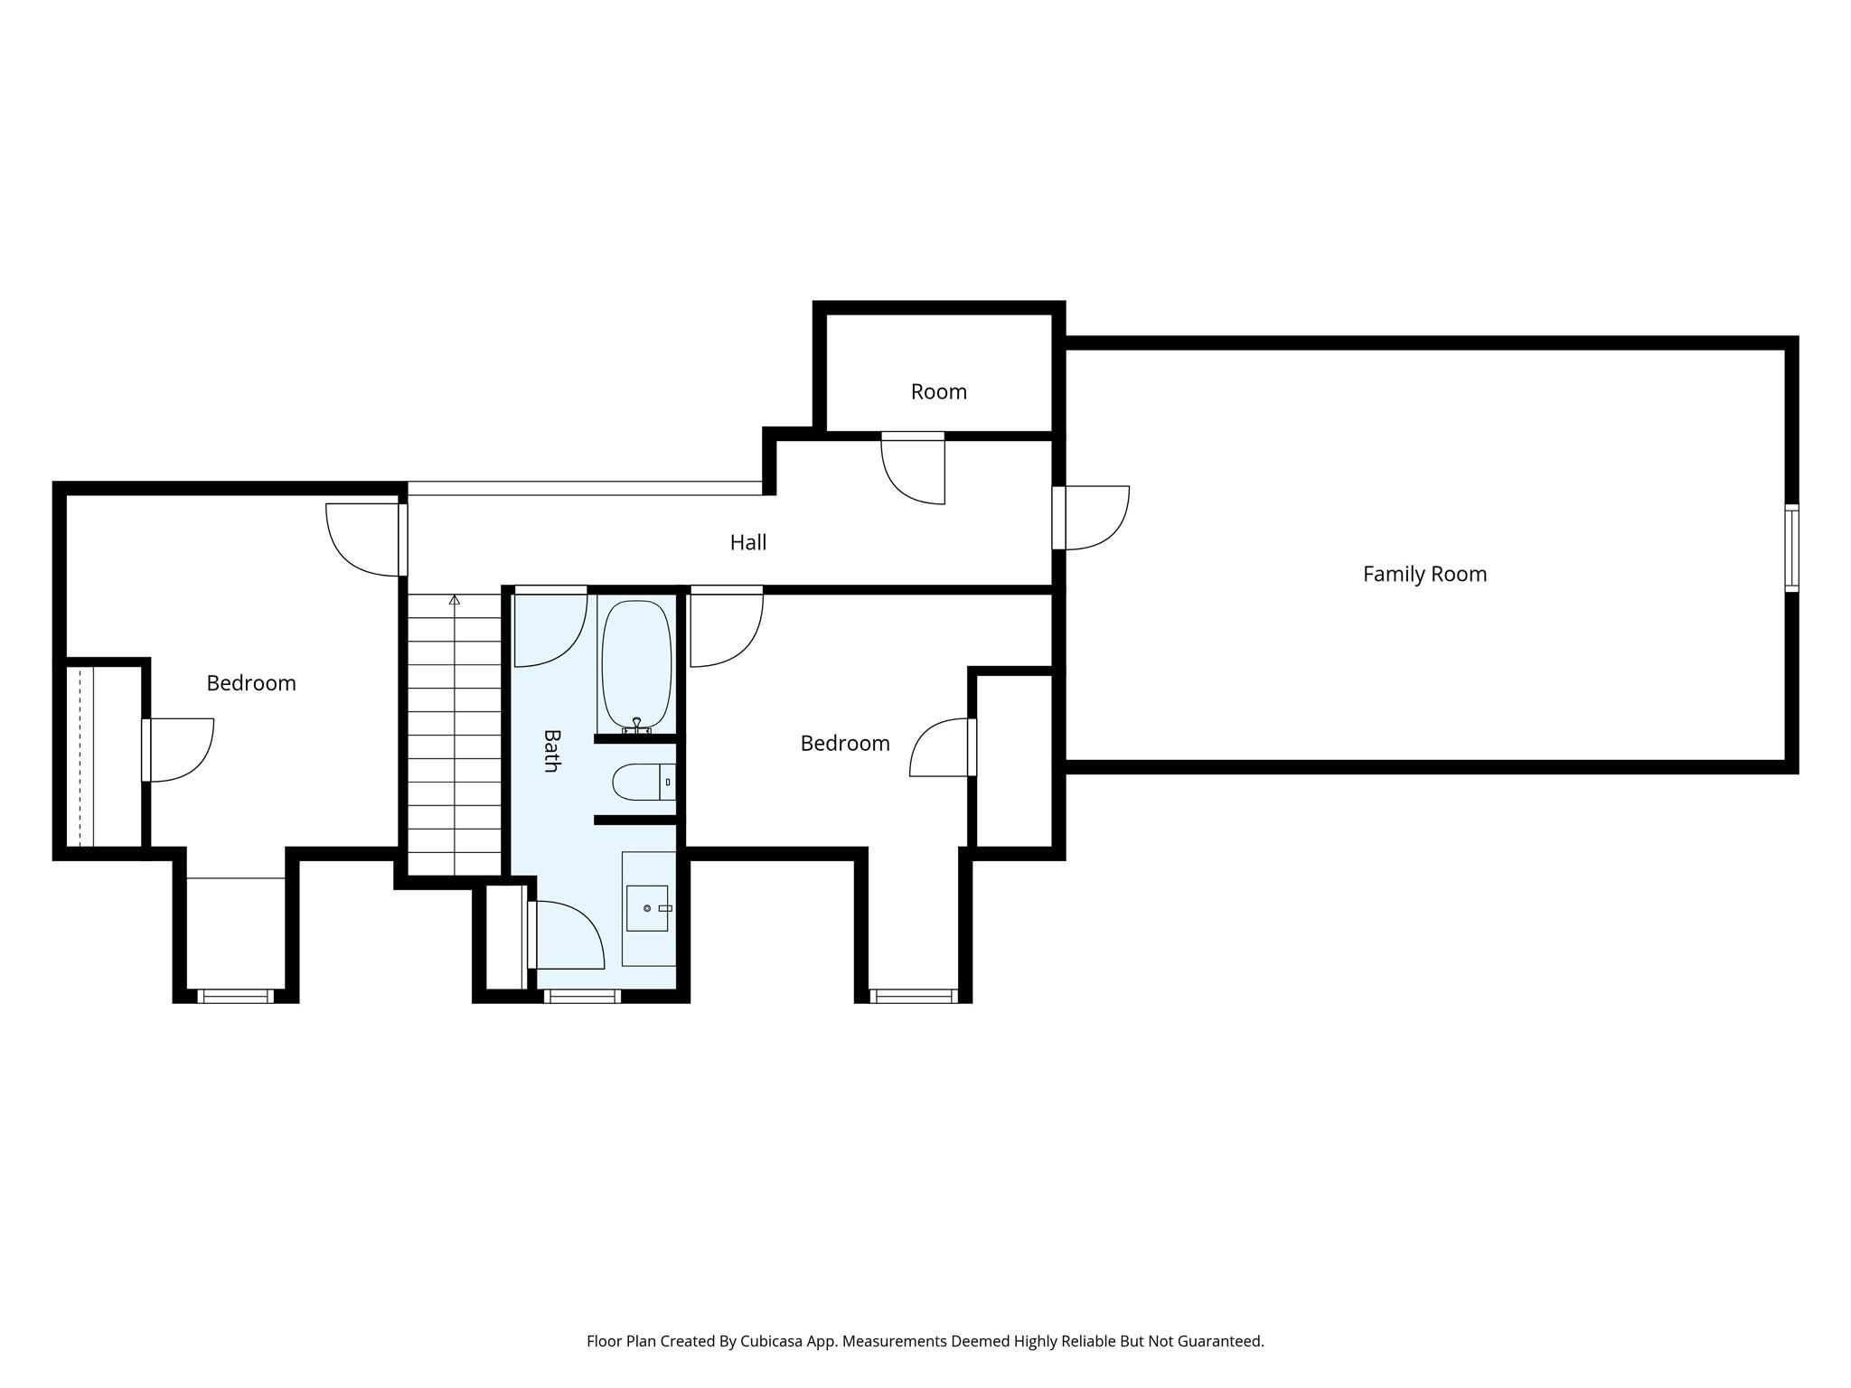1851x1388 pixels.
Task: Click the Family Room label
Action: pyautogui.click(x=1424, y=574)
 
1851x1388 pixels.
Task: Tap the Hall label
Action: pyautogui.click(x=748, y=542)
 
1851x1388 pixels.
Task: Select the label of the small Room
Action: pyautogui.click(x=938, y=391)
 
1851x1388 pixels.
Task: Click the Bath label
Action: pyautogui.click(x=551, y=750)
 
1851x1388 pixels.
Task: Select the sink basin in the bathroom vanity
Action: pyautogui.click(x=647, y=907)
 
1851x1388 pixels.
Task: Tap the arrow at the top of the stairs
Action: pyautogui.click(x=455, y=600)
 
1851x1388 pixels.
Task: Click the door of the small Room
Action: pyautogui.click(x=913, y=468)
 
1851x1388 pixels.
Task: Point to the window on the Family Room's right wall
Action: pyautogui.click(x=1791, y=548)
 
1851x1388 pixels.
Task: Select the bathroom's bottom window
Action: pyautogui.click(x=582, y=996)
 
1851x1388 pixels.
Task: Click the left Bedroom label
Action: pyautogui.click(x=251, y=683)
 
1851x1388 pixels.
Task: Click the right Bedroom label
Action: pyautogui.click(x=845, y=743)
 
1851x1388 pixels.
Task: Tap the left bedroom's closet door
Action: pyautogui.click(x=178, y=750)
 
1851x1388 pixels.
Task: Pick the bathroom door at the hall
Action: pyautogui.click(x=550, y=628)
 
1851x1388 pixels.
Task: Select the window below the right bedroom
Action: pyautogui.click(x=913, y=996)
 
